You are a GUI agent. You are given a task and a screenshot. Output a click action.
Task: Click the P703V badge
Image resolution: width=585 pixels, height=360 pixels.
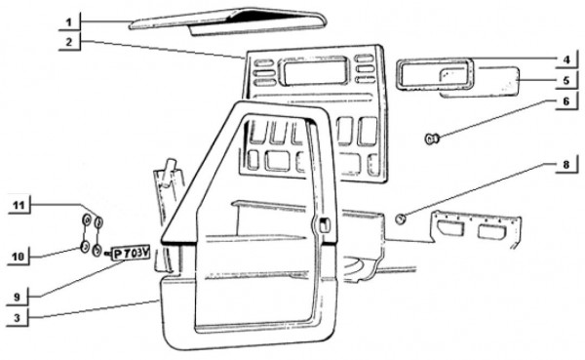129,255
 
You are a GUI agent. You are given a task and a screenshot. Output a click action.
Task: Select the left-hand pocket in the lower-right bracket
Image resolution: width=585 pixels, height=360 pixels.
449,228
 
